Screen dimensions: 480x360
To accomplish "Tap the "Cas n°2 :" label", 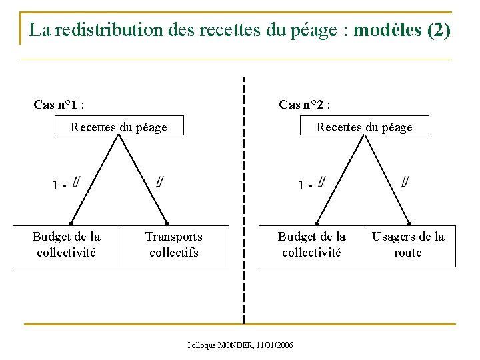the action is click(305, 105).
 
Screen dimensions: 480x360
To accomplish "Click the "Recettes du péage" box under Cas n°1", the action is click(119, 127).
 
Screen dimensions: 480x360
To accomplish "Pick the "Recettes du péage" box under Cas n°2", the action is click(364, 127).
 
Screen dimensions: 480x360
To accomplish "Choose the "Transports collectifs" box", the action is click(174, 245).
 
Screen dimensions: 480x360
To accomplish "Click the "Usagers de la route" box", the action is click(408, 245).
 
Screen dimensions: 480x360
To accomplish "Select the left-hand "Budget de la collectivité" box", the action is click(66, 245).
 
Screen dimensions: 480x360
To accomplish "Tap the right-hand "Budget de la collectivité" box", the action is click(311, 245).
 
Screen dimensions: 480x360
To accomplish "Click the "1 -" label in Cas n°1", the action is click(59, 185).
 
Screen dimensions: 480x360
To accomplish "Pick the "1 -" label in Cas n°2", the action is click(305, 185).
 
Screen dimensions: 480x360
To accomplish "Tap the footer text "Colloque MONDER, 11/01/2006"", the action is click(240, 345).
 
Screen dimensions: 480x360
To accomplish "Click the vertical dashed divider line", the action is click(243, 200).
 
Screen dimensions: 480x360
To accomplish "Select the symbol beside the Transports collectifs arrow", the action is click(159, 181).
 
